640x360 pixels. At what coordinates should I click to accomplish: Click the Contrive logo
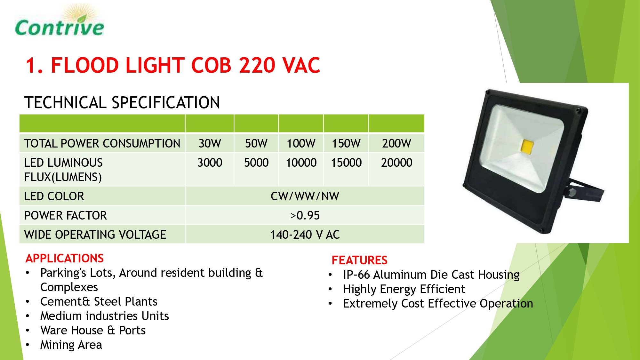click(x=60, y=21)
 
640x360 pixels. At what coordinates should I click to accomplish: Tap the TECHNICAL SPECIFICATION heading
click(x=122, y=102)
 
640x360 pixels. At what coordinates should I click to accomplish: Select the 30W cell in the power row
click(x=210, y=143)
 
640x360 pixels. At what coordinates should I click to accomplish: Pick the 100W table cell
click(x=301, y=143)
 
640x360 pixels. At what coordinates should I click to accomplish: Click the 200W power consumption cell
click(x=396, y=143)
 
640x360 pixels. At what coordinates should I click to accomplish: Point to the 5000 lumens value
click(x=256, y=163)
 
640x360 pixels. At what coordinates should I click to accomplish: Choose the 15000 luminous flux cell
click(x=346, y=163)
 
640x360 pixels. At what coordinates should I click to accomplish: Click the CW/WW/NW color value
click(x=305, y=196)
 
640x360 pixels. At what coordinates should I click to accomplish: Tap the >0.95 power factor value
click(x=305, y=215)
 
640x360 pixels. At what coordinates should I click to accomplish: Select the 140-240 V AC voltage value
click(x=305, y=235)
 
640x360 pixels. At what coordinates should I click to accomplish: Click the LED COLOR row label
click(x=54, y=196)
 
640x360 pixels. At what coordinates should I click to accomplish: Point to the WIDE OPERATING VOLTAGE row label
click(x=95, y=235)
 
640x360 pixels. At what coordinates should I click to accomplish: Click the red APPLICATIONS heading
click(x=65, y=258)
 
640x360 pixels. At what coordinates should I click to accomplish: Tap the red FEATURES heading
click(x=359, y=260)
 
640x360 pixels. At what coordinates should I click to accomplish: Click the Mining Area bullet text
click(x=71, y=345)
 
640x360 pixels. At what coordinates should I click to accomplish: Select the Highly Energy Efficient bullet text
click(x=404, y=289)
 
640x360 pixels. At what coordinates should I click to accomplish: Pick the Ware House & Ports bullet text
click(x=93, y=330)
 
